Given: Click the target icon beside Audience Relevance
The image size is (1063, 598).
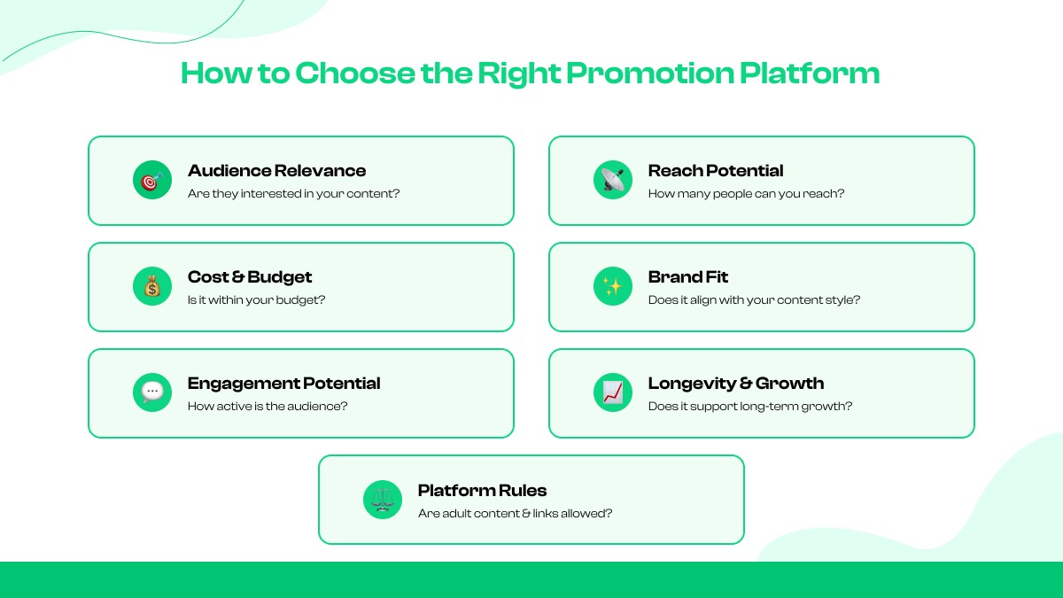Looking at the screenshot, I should click(x=151, y=181).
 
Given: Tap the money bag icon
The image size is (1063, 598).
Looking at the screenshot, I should click(x=151, y=287).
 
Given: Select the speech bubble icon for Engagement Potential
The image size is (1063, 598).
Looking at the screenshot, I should click(x=151, y=392).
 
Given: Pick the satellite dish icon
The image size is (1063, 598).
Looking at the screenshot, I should click(x=612, y=181).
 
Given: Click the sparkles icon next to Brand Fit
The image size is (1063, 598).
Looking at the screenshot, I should click(x=612, y=287).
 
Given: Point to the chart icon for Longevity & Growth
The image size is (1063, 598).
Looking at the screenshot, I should click(x=612, y=392).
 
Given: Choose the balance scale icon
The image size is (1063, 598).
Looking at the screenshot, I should click(x=382, y=500).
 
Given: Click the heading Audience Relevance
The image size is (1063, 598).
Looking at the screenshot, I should click(x=276, y=171).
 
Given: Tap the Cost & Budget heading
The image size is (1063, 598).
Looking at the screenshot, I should click(x=250, y=277).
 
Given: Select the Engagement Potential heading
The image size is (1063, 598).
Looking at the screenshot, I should click(x=283, y=384).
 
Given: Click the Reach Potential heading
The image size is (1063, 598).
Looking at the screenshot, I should click(x=716, y=171).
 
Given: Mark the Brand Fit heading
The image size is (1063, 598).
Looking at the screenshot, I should click(x=688, y=277).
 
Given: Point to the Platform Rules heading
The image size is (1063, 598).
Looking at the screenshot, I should click(x=482, y=491).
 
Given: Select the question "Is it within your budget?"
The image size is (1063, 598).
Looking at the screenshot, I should click(x=257, y=300).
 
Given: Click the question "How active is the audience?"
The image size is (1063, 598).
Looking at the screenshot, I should click(x=268, y=407).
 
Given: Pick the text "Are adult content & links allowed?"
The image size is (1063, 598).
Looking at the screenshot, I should click(x=515, y=513).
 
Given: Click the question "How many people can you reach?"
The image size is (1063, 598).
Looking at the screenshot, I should click(x=746, y=194).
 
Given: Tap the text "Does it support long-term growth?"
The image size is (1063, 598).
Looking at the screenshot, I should click(x=750, y=407).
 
